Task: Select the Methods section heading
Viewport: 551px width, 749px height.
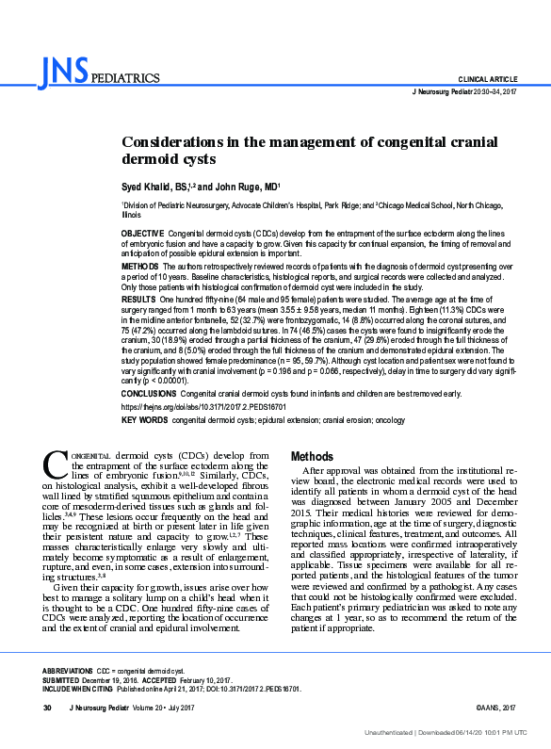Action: pyautogui.click(x=313, y=456)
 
